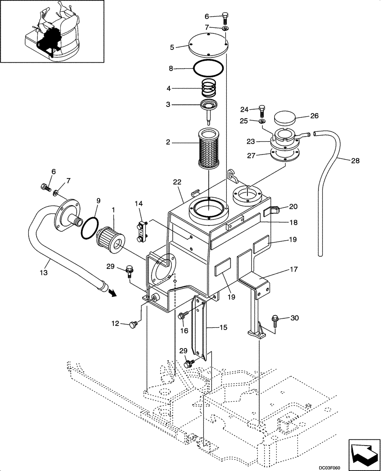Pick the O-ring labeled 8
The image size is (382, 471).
(x=208, y=69)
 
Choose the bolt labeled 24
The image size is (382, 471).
(x=262, y=111)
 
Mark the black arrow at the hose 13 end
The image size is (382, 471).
(x=112, y=292)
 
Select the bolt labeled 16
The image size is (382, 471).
(x=182, y=317)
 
